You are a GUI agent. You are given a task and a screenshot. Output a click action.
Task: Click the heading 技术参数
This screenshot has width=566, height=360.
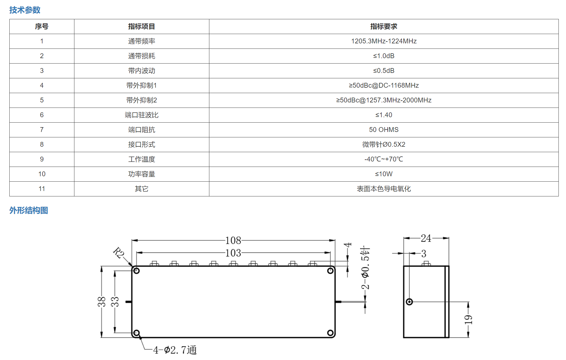point(25,10)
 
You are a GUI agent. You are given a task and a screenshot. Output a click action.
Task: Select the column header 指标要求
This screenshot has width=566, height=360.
point(383,27)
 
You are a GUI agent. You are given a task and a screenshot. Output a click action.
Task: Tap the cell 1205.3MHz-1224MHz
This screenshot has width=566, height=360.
point(384,41)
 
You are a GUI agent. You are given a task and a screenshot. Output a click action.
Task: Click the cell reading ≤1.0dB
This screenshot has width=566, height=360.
point(384,56)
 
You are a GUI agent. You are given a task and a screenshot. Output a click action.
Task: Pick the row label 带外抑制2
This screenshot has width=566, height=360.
point(142,100)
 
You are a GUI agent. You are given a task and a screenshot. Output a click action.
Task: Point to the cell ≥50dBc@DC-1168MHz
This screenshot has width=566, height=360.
point(384,86)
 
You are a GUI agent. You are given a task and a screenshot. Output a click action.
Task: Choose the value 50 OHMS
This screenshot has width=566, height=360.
point(384,130)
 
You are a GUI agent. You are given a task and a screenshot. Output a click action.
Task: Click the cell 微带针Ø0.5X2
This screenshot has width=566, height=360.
point(384,145)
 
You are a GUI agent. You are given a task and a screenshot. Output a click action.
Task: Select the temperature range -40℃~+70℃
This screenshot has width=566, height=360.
point(384,159)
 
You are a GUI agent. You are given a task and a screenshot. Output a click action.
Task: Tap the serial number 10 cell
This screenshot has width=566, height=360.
point(42,174)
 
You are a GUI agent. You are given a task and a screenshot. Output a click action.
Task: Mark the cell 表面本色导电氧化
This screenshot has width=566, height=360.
point(384,189)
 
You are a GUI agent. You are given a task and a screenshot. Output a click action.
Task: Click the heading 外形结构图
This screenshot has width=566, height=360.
point(29,210)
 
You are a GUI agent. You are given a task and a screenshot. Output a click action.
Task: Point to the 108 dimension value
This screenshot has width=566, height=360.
point(233,240)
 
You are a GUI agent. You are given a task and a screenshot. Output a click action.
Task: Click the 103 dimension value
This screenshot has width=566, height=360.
point(233,253)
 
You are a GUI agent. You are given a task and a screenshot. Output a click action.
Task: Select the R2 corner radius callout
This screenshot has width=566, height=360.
point(118,252)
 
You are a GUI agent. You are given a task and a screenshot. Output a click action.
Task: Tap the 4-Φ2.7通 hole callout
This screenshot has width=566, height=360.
point(175,350)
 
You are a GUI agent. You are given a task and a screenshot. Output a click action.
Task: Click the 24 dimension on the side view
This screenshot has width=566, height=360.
point(426,238)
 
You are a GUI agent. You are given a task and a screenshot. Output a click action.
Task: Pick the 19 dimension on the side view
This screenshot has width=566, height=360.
point(468,320)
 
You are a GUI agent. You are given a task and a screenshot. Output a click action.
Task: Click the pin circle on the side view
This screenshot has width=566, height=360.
point(409,302)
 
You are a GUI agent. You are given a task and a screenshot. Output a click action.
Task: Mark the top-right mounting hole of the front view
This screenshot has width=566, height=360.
point(330,271)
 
